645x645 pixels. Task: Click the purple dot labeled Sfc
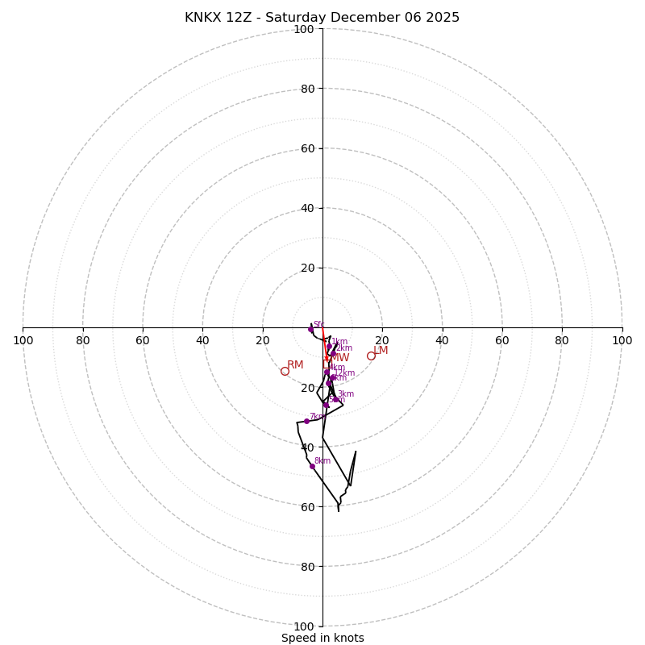pyautogui.click(x=310, y=329)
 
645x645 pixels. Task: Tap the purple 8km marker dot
pyautogui.click(x=312, y=466)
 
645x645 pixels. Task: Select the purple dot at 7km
pyautogui.click(x=306, y=421)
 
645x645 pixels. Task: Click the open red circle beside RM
pyautogui.click(x=285, y=371)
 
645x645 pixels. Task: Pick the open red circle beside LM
pyautogui.click(x=371, y=356)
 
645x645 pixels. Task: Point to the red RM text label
pyautogui.click(x=295, y=365)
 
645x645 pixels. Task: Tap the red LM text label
pyautogui.click(x=381, y=350)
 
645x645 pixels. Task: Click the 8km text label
pyautogui.click(x=322, y=461)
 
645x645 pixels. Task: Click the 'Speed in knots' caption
pyautogui.click(x=322, y=638)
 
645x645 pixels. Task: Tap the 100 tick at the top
pyautogui.click(x=304, y=29)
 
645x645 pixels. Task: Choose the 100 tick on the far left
pyautogui.click(x=23, y=340)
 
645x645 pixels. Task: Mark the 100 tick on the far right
pyautogui.click(x=622, y=340)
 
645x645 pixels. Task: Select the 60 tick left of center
pyautogui.click(x=143, y=340)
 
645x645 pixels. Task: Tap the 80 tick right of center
pyautogui.click(x=562, y=340)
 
